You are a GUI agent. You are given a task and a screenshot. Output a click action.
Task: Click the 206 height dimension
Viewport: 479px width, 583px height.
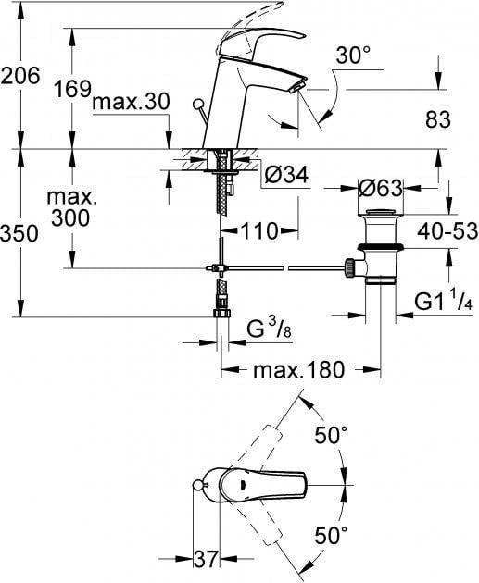(19, 76)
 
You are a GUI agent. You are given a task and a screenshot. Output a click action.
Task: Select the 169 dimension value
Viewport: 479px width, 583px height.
(73, 89)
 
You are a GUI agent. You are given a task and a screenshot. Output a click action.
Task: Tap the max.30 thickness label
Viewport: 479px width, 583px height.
(131, 102)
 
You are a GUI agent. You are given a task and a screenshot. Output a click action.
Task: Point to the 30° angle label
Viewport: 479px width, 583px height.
(353, 56)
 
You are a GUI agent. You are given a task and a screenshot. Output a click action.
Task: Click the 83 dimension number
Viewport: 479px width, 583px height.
(438, 119)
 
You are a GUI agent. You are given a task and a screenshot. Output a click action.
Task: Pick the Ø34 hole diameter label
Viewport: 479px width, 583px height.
(286, 174)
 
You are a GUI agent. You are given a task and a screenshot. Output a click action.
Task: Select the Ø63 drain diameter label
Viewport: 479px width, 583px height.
(381, 188)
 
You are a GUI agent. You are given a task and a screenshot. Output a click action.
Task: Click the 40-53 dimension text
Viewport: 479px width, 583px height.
(447, 231)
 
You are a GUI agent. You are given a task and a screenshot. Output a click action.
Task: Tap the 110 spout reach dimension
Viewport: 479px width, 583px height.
(259, 231)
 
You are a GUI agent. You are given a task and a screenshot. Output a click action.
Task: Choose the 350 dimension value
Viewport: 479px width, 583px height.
(19, 234)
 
